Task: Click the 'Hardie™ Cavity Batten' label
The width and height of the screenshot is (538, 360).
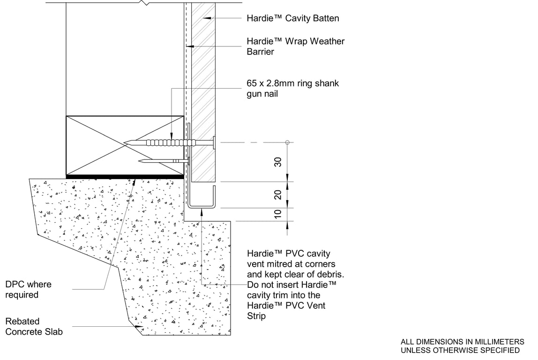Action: coord(292,18)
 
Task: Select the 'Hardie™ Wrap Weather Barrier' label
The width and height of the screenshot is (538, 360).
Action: coord(295,46)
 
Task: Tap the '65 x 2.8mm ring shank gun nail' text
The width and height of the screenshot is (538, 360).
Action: coord(292,89)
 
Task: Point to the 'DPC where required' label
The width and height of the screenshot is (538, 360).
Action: coord(28,290)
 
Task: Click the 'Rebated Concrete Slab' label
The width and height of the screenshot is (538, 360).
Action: coord(34,327)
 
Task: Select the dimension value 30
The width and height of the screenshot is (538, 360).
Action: coord(278,162)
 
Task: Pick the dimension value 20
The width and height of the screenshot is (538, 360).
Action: coord(278,195)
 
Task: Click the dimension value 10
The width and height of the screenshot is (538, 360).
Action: coord(278,214)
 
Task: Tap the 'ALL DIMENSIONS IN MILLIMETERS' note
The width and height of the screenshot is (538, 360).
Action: coord(462,342)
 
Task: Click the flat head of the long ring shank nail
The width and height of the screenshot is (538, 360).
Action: coord(214,142)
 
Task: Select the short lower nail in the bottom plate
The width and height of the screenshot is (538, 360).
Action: coord(164,161)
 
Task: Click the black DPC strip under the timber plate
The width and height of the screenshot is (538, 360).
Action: coord(125,176)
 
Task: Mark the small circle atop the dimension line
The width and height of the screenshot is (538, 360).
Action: coord(287,142)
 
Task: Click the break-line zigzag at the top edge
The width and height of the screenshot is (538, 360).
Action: coord(145,3)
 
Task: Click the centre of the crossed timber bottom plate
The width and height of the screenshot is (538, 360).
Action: coord(125,145)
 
